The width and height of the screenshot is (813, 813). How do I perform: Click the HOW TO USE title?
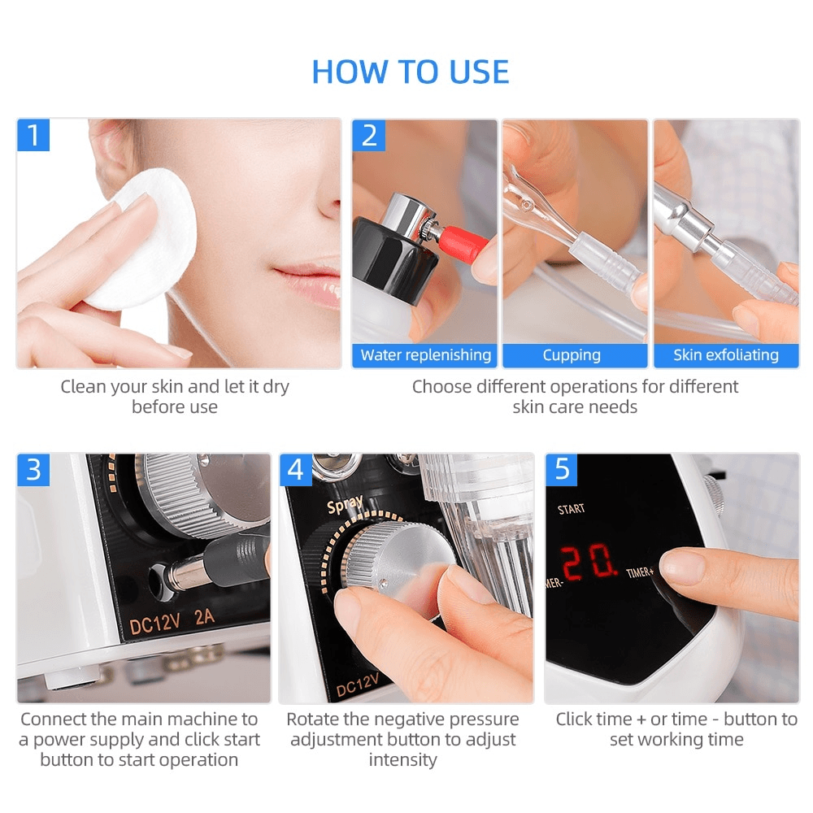pos(410,72)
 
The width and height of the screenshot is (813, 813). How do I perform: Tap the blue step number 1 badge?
pos(33,135)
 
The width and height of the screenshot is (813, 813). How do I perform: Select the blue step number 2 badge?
pos(368,135)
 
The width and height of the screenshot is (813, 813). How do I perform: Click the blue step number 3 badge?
pos(33,470)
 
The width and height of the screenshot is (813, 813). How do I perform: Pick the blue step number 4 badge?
pos(296,470)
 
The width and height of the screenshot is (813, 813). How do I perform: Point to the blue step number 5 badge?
pos(562,470)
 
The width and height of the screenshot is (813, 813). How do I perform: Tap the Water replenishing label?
pos(425,355)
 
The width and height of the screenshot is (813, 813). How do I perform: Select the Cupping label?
pos(572,355)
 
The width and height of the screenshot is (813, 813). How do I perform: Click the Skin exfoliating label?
pos(726,355)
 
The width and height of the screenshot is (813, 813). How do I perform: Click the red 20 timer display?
pos(589,562)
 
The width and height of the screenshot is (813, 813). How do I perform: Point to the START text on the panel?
pos(571,509)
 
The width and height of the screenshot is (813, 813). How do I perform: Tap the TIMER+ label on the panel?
pos(640,572)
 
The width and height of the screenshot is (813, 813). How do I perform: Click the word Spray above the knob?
pos(345,504)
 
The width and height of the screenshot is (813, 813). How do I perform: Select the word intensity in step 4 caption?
pos(403,760)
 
